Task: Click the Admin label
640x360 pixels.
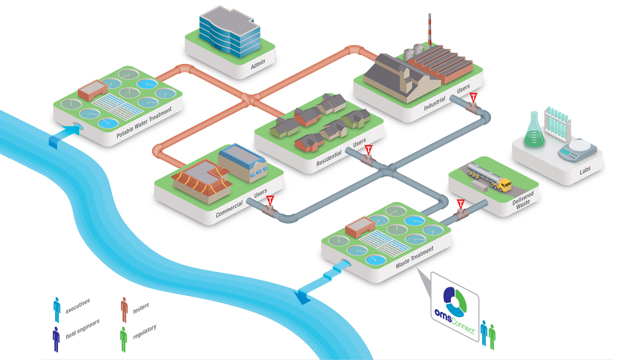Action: [x=258, y=64]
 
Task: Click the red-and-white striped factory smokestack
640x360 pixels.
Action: [x=430, y=30]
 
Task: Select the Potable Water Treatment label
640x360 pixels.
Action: [x=144, y=122]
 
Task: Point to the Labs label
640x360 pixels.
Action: [x=585, y=170]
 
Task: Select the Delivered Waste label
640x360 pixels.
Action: [x=523, y=199]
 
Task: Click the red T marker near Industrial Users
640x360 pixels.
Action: [x=473, y=97]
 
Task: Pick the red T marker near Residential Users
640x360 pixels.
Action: [x=368, y=150]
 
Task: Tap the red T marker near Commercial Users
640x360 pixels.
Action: [x=270, y=200]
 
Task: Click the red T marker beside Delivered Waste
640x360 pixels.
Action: [x=460, y=204]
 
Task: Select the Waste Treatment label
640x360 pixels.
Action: [x=415, y=257]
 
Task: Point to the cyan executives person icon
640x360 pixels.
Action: [x=57, y=309]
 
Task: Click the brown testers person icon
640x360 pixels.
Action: [x=124, y=309]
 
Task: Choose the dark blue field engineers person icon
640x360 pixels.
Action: [x=56, y=339]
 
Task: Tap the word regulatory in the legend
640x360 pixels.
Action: [x=144, y=332]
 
